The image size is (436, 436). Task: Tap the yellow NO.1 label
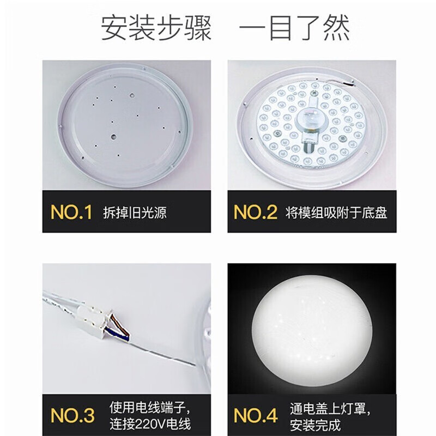[x=71, y=212]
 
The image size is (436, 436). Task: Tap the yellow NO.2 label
[x=255, y=212]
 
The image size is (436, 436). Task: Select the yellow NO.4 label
[x=255, y=415]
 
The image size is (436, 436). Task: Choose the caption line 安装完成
[x=306, y=423]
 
